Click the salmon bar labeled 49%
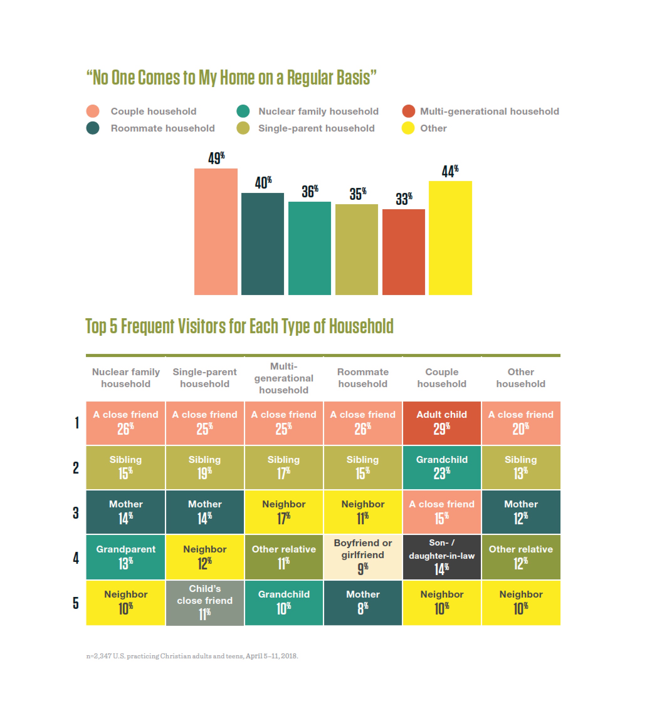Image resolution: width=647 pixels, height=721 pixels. coord(216,231)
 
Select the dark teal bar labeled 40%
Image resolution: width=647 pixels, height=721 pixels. coord(262,244)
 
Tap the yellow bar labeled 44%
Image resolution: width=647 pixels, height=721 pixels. coord(450,238)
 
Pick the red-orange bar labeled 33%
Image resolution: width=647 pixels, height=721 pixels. coord(403,252)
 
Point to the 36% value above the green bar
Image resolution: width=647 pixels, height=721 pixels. coord(310,192)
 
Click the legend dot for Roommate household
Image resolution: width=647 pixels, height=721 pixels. coord(93,128)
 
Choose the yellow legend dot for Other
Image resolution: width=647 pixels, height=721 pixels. coord(408,128)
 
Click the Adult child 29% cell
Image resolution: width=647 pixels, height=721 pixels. coord(442,423)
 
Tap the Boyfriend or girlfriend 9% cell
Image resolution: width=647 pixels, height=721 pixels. coord(363,557)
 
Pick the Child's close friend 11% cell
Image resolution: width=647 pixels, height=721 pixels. coord(205,603)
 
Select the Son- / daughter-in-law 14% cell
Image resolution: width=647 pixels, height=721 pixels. coord(442,557)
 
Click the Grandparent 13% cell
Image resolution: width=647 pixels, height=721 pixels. coord(125,557)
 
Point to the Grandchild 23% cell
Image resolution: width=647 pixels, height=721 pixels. coord(442,467)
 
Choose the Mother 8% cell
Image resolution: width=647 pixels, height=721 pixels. coord(363,603)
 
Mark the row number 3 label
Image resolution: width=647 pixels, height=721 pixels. coord(76,512)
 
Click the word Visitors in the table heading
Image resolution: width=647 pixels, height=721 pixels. coord(201,326)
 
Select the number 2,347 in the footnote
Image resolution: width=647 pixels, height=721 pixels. coord(103,656)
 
